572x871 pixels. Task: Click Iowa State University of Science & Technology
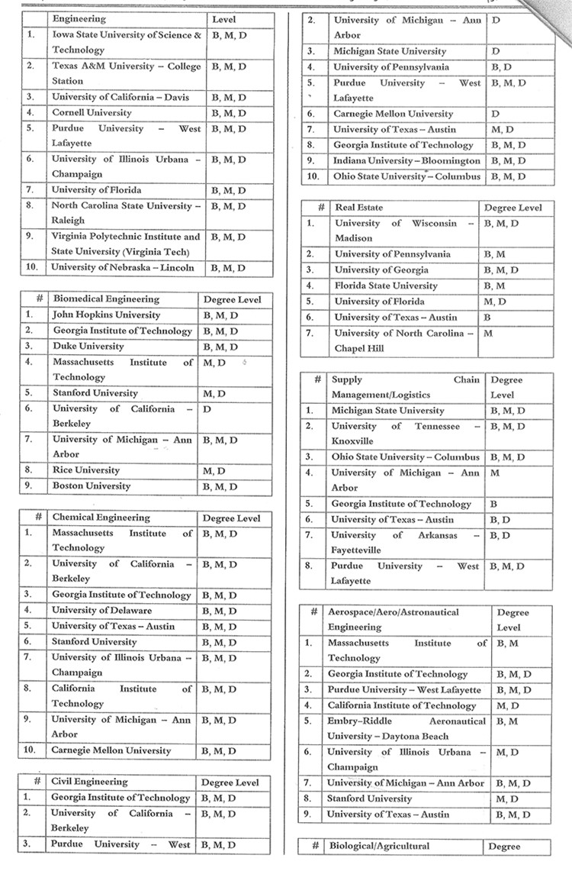pos(127,43)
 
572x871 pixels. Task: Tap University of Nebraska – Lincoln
pos(123,268)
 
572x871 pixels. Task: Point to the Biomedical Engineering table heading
pos(105,299)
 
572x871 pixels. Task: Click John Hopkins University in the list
pos(106,315)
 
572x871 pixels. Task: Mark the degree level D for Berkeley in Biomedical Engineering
pos(207,409)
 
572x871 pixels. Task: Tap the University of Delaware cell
pos(101,611)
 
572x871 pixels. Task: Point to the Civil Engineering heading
pos(90,782)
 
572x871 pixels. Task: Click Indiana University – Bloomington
pos(407,161)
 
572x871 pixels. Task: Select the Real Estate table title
pos(359,208)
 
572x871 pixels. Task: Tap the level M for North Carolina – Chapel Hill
pos(488,334)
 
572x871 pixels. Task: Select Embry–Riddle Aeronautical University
pos(406,728)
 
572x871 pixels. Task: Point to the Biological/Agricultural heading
pos(380,846)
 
